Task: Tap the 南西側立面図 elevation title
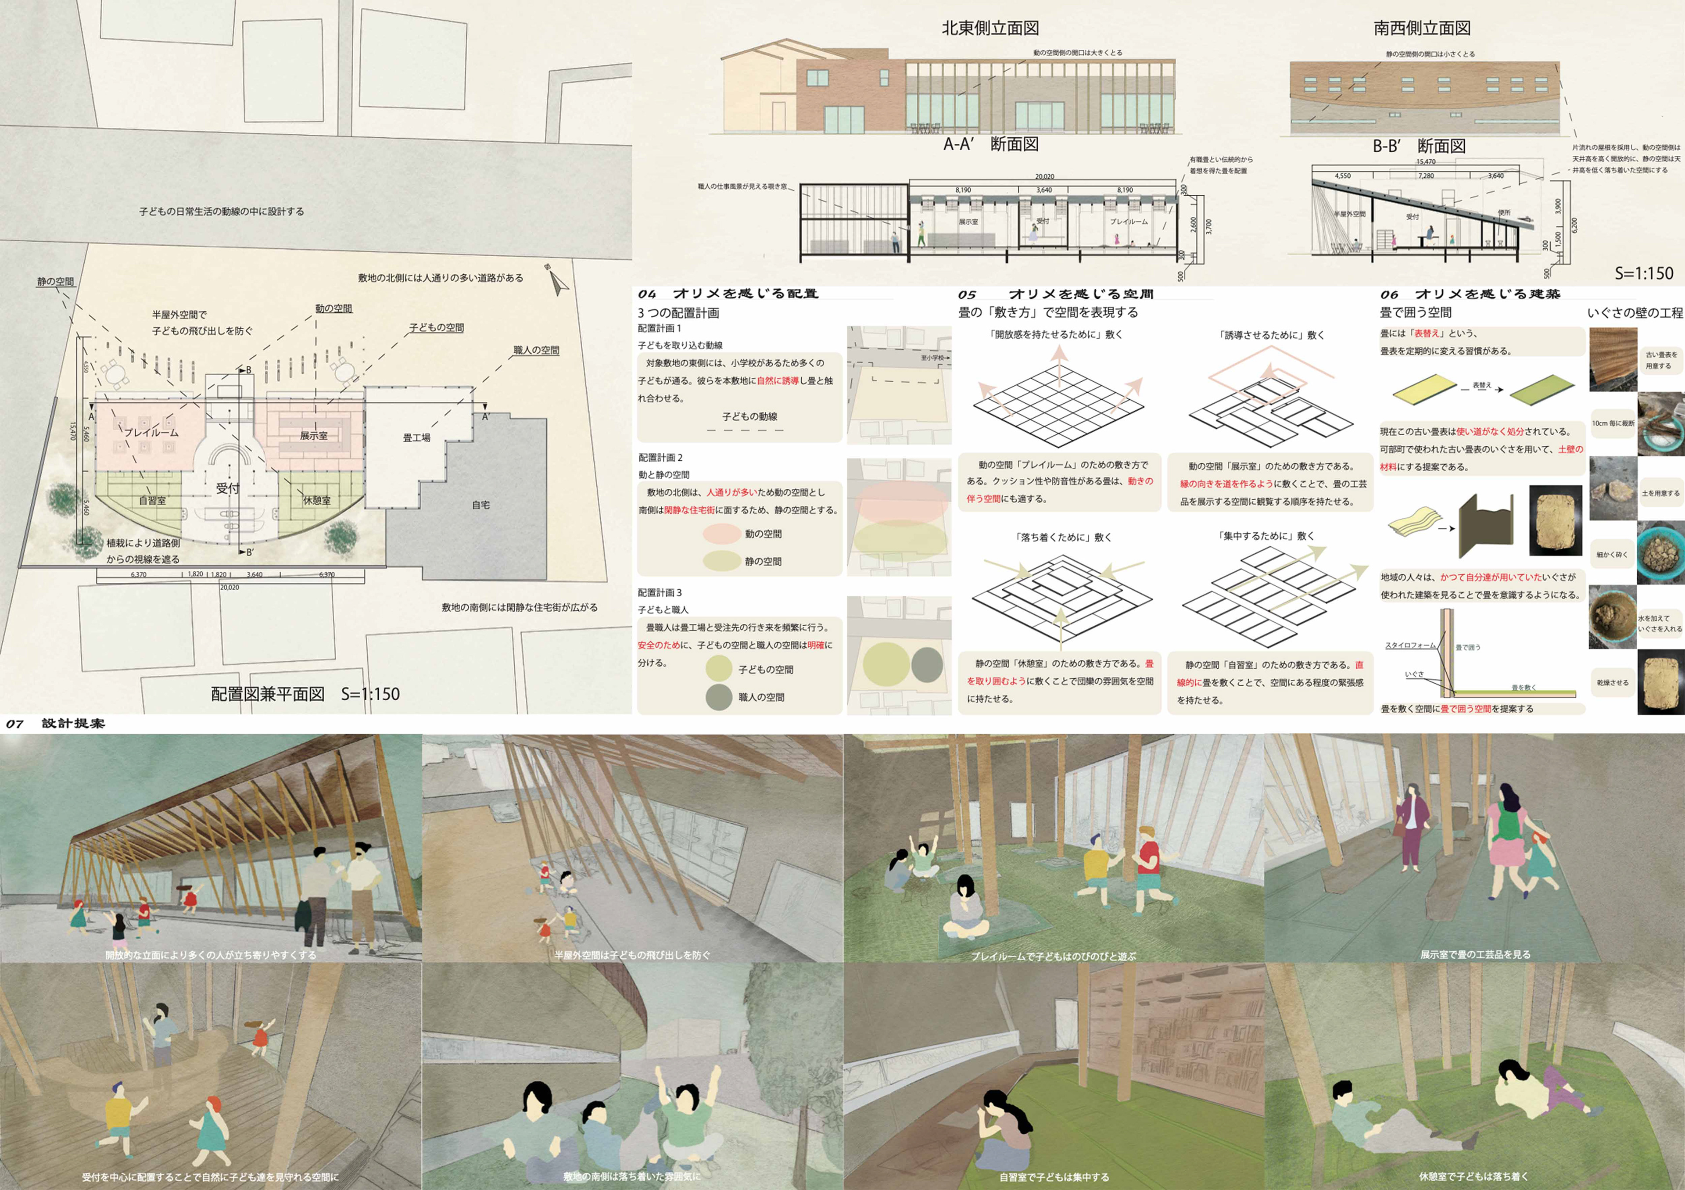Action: pos(1422,29)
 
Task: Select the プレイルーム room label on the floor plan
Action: pos(151,432)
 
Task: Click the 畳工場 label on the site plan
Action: pos(416,438)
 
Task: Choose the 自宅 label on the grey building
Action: pos(480,505)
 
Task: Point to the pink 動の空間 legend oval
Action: pos(721,534)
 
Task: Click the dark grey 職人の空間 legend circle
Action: pos(719,697)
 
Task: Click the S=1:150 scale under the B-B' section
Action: pos(1644,274)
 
